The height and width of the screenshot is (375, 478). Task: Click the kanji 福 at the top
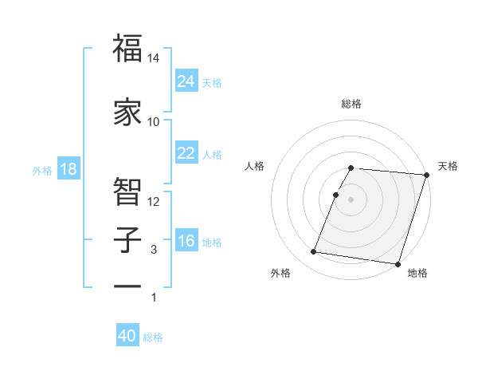tap(128, 49)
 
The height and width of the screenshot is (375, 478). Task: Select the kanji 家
tap(128, 112)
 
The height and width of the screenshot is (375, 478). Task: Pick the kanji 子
tap(128, 239)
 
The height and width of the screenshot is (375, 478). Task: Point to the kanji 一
tap(128, 286)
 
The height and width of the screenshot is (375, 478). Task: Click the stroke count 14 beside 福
tap(154, 58)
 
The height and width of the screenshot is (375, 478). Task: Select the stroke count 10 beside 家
tap(154, 121)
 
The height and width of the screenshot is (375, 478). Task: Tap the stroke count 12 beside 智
tap(154, 201)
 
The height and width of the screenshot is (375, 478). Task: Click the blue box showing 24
tap(186, 81)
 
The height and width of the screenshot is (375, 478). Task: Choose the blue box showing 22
tap(186, 153)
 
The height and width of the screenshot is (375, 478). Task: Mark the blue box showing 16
tap(186, 241)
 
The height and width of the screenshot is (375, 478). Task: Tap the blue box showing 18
tap(67, 169)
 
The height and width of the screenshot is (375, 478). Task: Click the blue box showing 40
tap(127, 336)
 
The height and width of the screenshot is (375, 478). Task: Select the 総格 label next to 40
tap(153, 337)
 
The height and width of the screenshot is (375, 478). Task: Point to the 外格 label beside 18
tap(42, 170)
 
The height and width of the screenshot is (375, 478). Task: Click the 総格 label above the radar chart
tap(351, 104)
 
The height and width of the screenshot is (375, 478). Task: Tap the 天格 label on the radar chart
tap(448, 166)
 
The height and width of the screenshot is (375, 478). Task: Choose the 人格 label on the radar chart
tap(255, 166)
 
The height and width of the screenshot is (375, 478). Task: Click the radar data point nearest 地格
tap(398, 263)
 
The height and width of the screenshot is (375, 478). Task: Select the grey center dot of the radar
tap(351, 199)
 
